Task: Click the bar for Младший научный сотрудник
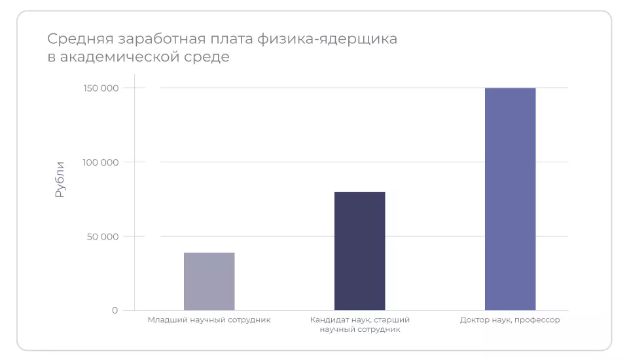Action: [209, 281]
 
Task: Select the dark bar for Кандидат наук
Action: [359, 251]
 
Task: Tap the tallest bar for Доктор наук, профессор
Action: [510, 199]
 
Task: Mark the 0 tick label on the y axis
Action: [115, 310]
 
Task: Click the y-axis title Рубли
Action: [60, 179]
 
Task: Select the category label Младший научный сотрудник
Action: [209, 320]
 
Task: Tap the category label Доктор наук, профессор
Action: [510, 320]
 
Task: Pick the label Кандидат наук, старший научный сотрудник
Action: [359, 325]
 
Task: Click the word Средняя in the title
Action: [74, 39]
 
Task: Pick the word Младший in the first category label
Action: [163, 320]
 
